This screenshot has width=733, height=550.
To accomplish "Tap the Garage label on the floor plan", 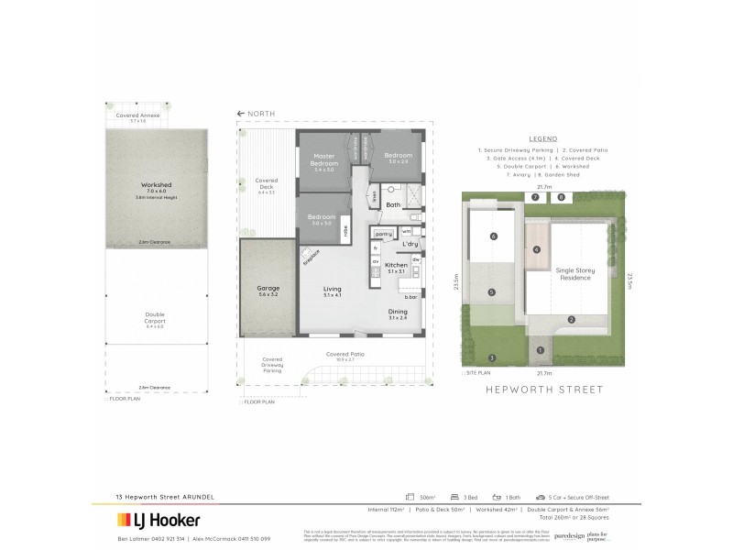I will coord(268,291).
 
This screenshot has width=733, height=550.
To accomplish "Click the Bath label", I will coord(393,205).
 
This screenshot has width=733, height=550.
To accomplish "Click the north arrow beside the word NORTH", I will coord(240,114).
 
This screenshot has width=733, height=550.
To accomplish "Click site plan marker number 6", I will coord(493,236).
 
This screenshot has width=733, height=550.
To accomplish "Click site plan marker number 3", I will coord(492,357).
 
